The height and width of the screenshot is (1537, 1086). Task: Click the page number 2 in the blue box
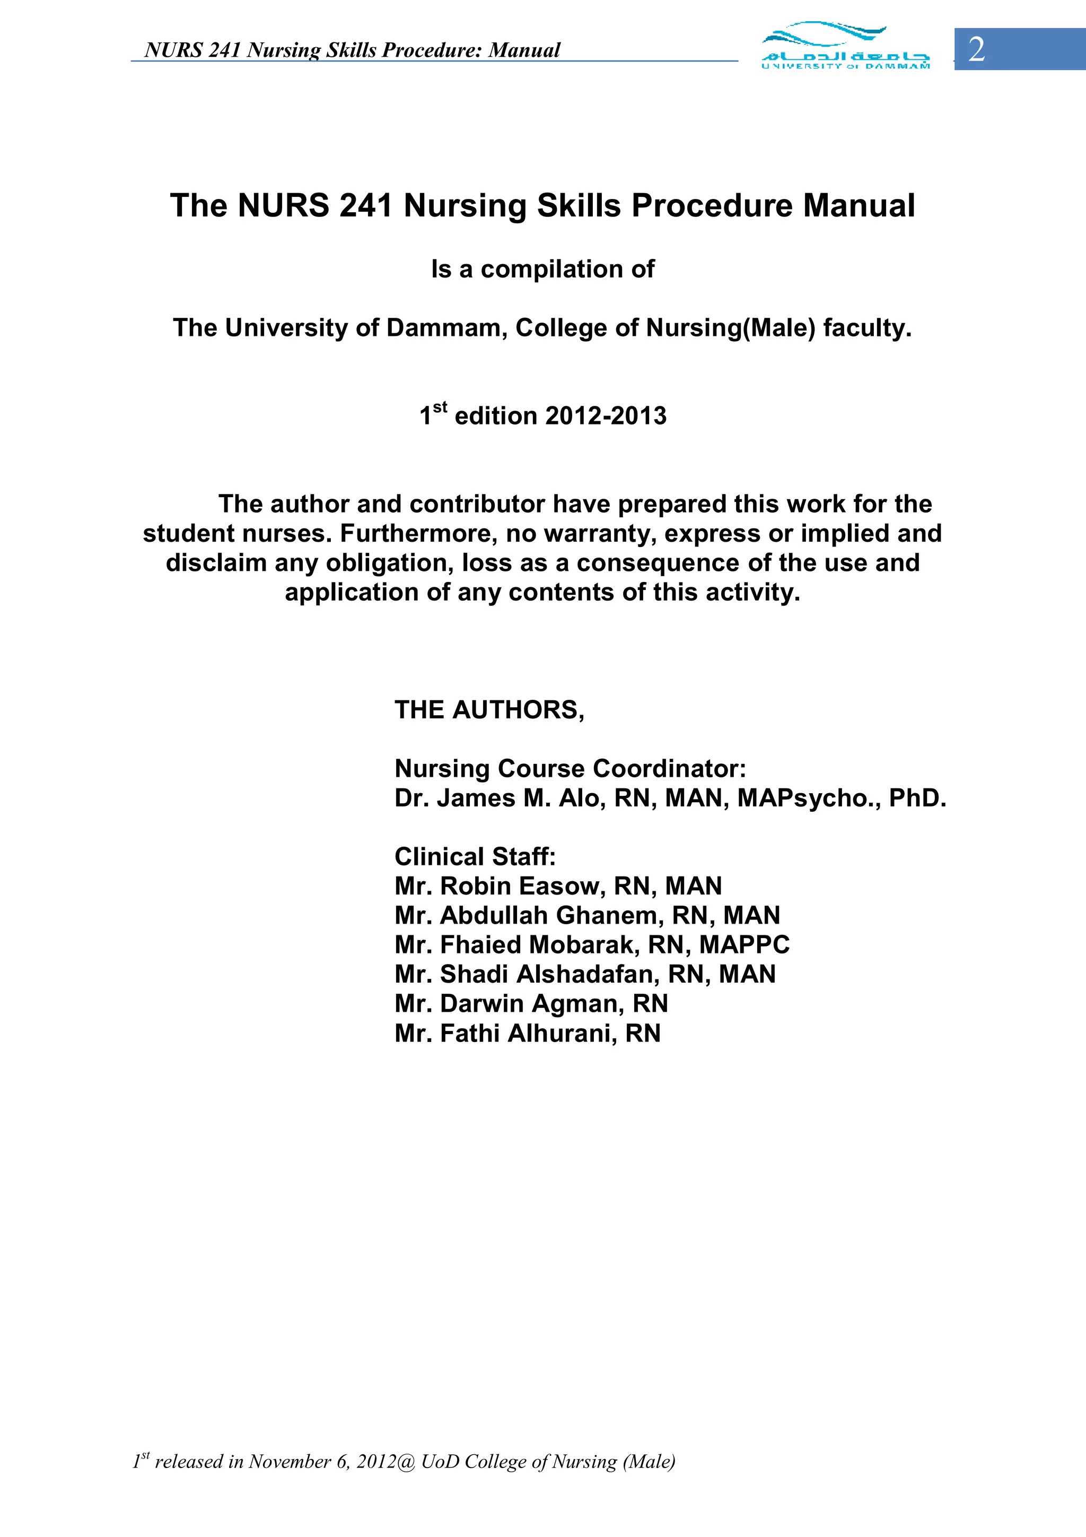tap(976, 49)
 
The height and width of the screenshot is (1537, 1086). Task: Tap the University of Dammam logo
tap(845, 46)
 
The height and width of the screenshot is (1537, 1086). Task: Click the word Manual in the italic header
tap(524, 50)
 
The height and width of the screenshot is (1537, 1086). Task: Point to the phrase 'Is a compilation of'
tap(542, 269)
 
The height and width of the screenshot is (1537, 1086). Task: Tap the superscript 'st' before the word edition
tap(440, 407)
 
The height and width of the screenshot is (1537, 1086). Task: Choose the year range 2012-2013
tap(606, 416)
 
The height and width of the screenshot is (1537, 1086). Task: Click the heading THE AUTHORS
tap(489, 709)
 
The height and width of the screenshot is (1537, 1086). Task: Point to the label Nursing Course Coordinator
tap(570, 768)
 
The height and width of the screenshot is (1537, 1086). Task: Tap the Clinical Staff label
tap(475, 857)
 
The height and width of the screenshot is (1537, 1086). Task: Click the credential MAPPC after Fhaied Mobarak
tap(744, 944)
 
